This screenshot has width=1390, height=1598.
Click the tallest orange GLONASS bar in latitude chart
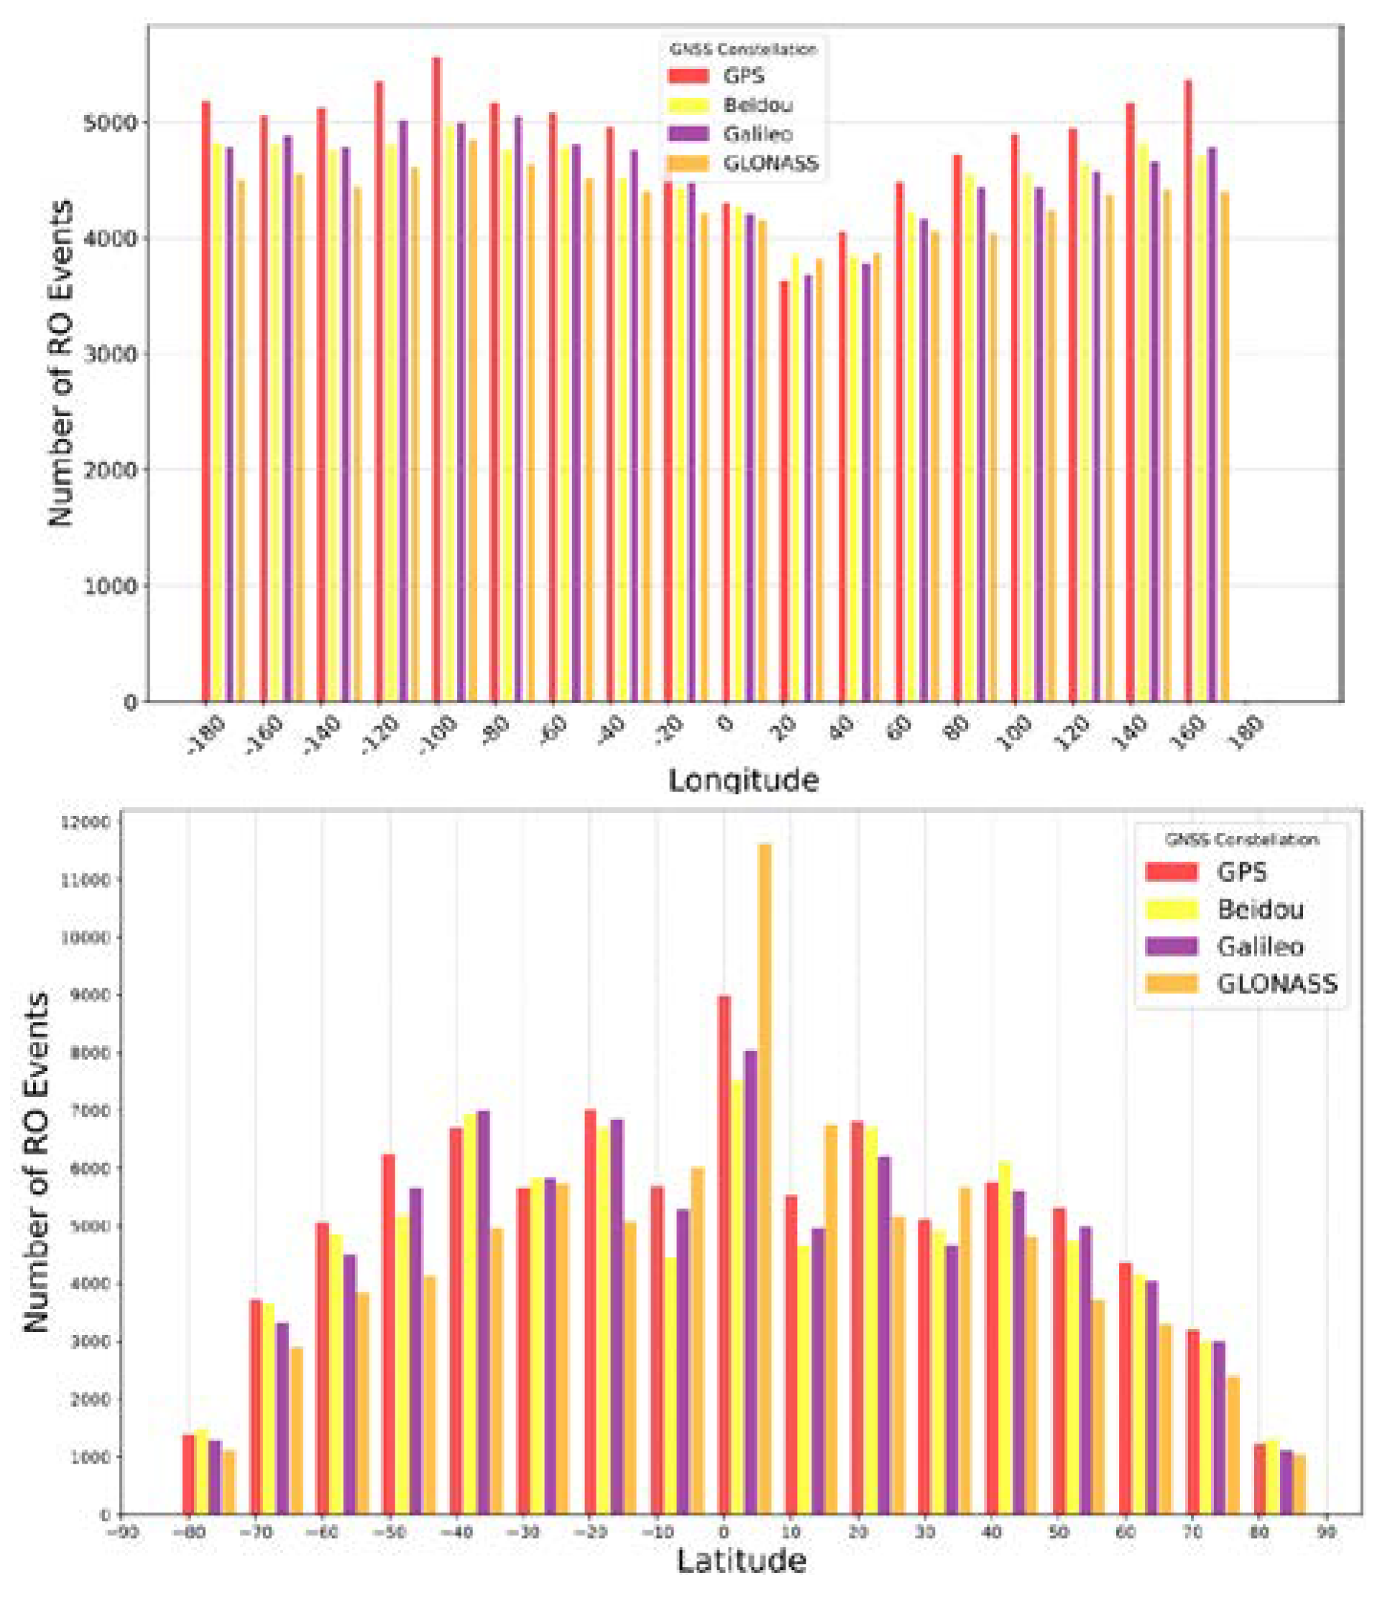(x=765, y=1179)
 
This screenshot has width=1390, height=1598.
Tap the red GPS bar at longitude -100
(x=437, y=380)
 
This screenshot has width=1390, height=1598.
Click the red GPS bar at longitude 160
(x=1187, y=392)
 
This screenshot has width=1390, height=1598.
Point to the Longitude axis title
(x=743, y=780)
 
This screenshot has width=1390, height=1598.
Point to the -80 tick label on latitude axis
(x=188, y=1533)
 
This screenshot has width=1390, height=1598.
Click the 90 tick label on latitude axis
(x=1327, y=1533)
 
